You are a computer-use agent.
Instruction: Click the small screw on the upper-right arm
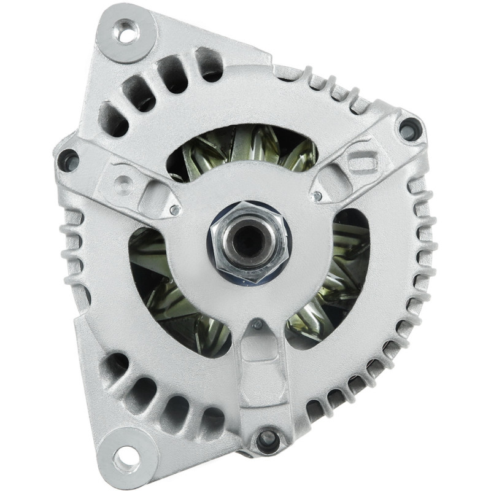tap(317, 196)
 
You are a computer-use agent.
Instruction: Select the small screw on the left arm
tap(176, 211)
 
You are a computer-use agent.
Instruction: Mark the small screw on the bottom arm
tap(258, 324)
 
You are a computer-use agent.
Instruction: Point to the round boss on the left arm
tap(124, 182)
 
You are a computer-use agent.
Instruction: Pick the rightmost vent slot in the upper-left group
tap(209, 65)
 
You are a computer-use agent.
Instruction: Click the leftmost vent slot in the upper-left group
tap(113, 117)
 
